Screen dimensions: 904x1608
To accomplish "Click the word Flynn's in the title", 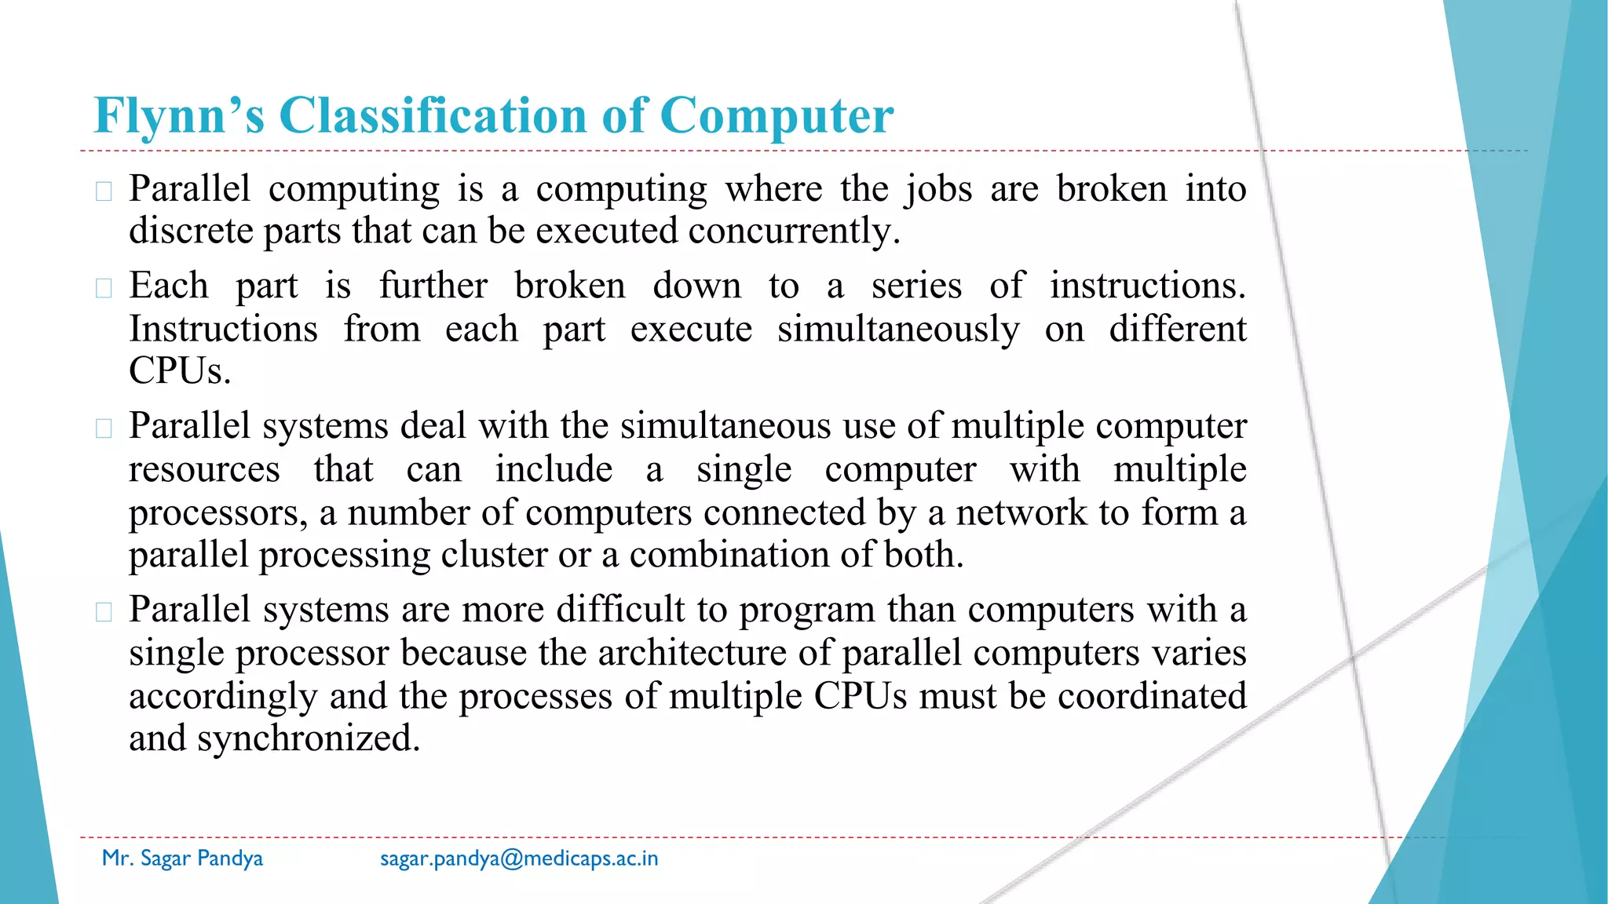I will coord(179,116).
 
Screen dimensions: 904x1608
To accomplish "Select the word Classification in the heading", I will coord(433,116).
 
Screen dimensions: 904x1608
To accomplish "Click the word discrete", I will coord(191,231).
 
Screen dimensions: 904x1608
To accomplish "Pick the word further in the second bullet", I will coord(433,285).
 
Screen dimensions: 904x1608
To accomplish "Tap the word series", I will coord(916,285).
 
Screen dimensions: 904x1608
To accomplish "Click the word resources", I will coord(204,469).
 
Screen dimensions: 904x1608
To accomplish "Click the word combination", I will coord(729,555).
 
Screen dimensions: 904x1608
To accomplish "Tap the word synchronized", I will coord(309,738).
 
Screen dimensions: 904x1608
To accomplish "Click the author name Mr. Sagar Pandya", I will coord(182,858).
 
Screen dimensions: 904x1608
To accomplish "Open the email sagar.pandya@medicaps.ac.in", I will coord(519,858).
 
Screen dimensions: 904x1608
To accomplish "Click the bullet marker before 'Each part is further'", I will coord(104,287).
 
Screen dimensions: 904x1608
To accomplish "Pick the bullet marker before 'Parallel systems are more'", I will coord(104,612).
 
